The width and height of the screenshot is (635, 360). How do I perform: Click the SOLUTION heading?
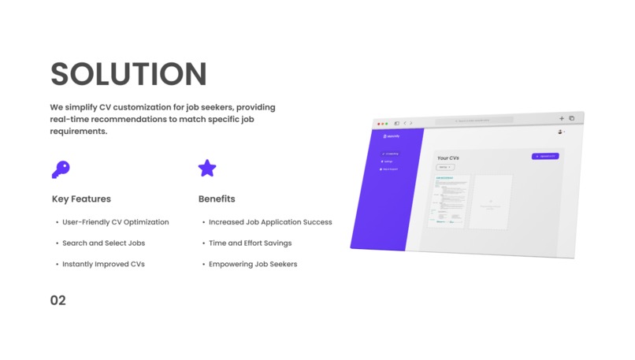pos(128,73)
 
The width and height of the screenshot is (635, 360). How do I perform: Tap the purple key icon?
pos(60,169)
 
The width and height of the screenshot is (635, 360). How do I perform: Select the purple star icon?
pos(206,168)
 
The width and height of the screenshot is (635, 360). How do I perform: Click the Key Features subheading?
pos(81,199)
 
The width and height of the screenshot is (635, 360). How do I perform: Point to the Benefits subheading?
pos(217,199)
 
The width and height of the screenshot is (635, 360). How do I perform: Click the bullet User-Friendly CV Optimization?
pos(115,222)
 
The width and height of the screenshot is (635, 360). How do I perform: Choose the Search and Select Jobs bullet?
pos(103,243)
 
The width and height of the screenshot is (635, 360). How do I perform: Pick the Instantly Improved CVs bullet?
pos(103,264)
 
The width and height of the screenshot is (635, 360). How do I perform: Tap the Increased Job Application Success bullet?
pos(270,222)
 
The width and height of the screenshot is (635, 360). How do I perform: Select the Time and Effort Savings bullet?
pos(250,243)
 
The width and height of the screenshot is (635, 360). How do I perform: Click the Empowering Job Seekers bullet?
pos(253,264)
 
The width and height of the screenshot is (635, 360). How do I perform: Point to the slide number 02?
pos(58,300)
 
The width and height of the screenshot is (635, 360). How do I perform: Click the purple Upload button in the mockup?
pos(545,156)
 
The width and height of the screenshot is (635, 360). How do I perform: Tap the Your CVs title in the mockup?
pos(448,158)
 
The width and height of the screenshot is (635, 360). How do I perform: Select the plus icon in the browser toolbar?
pos(562,118)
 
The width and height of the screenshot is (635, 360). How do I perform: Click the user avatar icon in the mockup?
pos(560,132)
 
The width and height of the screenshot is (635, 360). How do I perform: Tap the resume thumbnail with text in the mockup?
pos(451,201)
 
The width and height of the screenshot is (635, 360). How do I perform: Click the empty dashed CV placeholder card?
pos(490,202)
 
